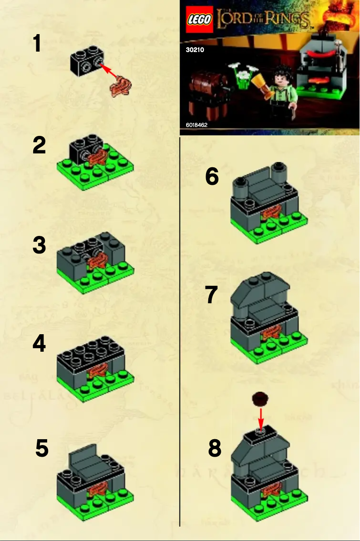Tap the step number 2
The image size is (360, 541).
pos(39,146)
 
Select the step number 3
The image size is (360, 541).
pos(39,245)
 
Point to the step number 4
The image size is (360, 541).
pos(39,344)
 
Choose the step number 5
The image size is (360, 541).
pos(42,448)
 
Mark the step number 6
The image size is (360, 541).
pos(212,176)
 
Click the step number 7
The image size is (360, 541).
pos(211,295)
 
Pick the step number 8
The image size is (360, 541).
pos(215,448)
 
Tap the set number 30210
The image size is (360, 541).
pos(195,50)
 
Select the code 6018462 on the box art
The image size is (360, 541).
pos(196,125)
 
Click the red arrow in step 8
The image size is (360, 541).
pos(261,418)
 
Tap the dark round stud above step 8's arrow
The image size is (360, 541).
pos(260,397)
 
